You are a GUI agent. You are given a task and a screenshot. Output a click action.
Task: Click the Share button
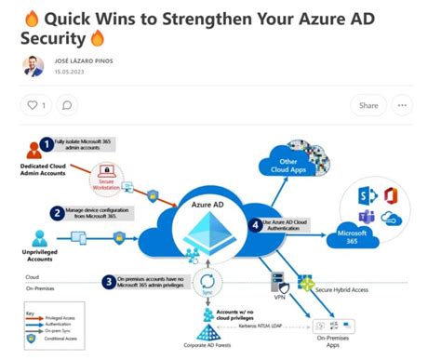coord(368,105)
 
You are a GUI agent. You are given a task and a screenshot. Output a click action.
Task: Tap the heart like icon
coord(33,105)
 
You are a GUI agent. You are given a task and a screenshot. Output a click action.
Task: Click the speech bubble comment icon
coord(67,105)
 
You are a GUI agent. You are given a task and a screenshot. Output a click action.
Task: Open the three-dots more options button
coord(402,105)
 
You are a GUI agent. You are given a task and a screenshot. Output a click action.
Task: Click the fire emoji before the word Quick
coord(30,17)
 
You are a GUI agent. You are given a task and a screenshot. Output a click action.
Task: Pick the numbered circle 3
coord(110,280)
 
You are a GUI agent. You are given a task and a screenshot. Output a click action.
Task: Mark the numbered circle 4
coord(255,223)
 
